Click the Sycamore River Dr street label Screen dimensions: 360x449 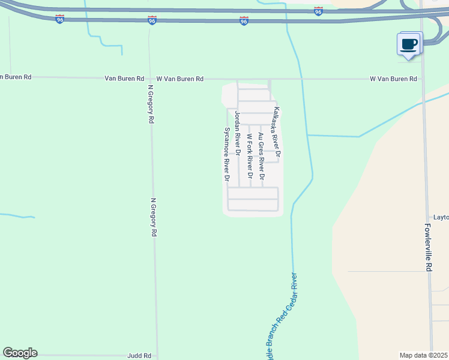click(x=227, y=154)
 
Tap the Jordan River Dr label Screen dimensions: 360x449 click(x=238, y=134)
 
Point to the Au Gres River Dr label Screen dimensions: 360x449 click(x=261, y=156)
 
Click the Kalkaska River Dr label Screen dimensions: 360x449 click(x=277, y=133)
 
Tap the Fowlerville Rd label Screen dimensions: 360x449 click(x=429, y=249)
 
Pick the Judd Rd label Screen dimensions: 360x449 click(x=138, y=356)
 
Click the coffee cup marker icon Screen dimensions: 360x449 click(x=409, y=44)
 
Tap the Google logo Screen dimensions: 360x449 click(x=20, y=353)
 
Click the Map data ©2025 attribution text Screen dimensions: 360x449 click(x=424, y=355)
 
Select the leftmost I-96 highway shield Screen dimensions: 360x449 click(x=59, y=19)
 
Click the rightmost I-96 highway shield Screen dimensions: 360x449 click(x=318, y=11)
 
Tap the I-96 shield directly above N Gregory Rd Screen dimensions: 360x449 click(x=152, y=20)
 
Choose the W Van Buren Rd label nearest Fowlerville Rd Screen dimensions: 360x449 click(x=393, y=79)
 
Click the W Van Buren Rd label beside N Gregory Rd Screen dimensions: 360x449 click(x=179, y=79)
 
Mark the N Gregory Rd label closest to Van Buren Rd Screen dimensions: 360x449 click(x=151, y=104)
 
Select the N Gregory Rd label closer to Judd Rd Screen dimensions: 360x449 click(x=154, y=217)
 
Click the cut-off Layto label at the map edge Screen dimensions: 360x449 click(x=441, y=217)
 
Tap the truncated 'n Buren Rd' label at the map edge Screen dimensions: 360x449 click(x=16, y=77)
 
